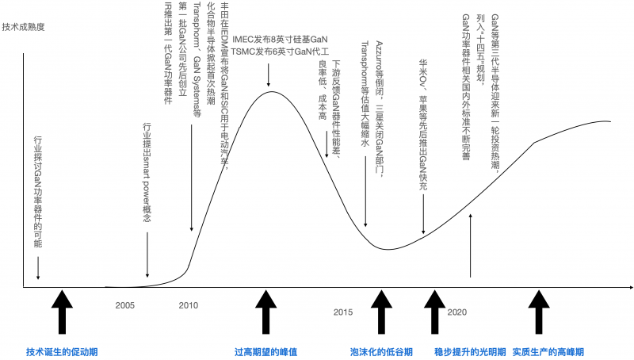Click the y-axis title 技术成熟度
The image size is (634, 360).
tap(24, 27)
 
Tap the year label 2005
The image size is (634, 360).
tap(124, 305)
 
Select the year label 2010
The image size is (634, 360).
tap(189, 305)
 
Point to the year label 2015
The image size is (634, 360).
tap(343, 312)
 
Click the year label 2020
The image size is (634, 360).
tap(457, 312)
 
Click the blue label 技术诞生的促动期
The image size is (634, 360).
tap(62, 352)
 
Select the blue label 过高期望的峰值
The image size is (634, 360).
tap(266, 352)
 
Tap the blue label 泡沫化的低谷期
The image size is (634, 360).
tap(381, 352)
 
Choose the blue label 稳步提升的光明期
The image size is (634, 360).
tap(470, 352)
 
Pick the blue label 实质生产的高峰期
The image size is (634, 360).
tap(548, 352)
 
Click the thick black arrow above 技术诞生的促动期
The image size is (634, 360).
tap(62, 312)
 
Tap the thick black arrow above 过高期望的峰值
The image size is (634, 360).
tap(265, 312)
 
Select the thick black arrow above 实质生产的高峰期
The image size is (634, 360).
tap(539, 312)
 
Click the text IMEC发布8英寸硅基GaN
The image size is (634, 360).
tap(280, 40)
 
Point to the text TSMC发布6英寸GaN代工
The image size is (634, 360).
tap(280, 52)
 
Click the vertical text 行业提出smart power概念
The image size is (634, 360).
tap(147, 173)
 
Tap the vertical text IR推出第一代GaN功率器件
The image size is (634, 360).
tap(168, 53)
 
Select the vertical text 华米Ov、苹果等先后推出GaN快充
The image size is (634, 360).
tap(423, 125)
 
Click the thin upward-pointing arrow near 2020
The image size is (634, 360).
tap(470, 246)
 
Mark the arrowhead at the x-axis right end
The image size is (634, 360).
tap(631, 288)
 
